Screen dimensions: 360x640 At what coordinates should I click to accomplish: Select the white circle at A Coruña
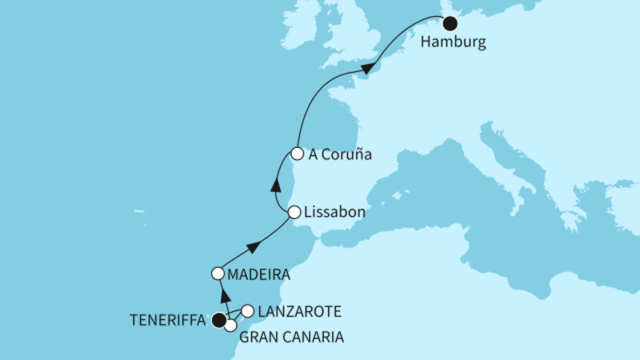pos(297,154)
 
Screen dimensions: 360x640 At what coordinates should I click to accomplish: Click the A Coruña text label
pos(340,155)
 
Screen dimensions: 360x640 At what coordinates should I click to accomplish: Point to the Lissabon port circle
pos(294,213)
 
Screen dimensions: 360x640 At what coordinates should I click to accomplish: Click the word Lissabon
pos(336,214)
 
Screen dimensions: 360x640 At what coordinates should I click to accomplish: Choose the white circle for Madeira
pos(218,274)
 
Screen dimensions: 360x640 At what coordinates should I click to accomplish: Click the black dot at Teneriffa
pos(218,321)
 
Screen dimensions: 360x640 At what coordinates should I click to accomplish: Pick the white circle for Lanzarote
pos(247,310)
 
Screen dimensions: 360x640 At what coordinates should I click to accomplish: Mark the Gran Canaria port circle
pos(230,326)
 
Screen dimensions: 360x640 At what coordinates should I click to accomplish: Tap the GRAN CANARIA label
pos(291,338)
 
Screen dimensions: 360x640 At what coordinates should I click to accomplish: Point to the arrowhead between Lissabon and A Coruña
pos(275,185)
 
